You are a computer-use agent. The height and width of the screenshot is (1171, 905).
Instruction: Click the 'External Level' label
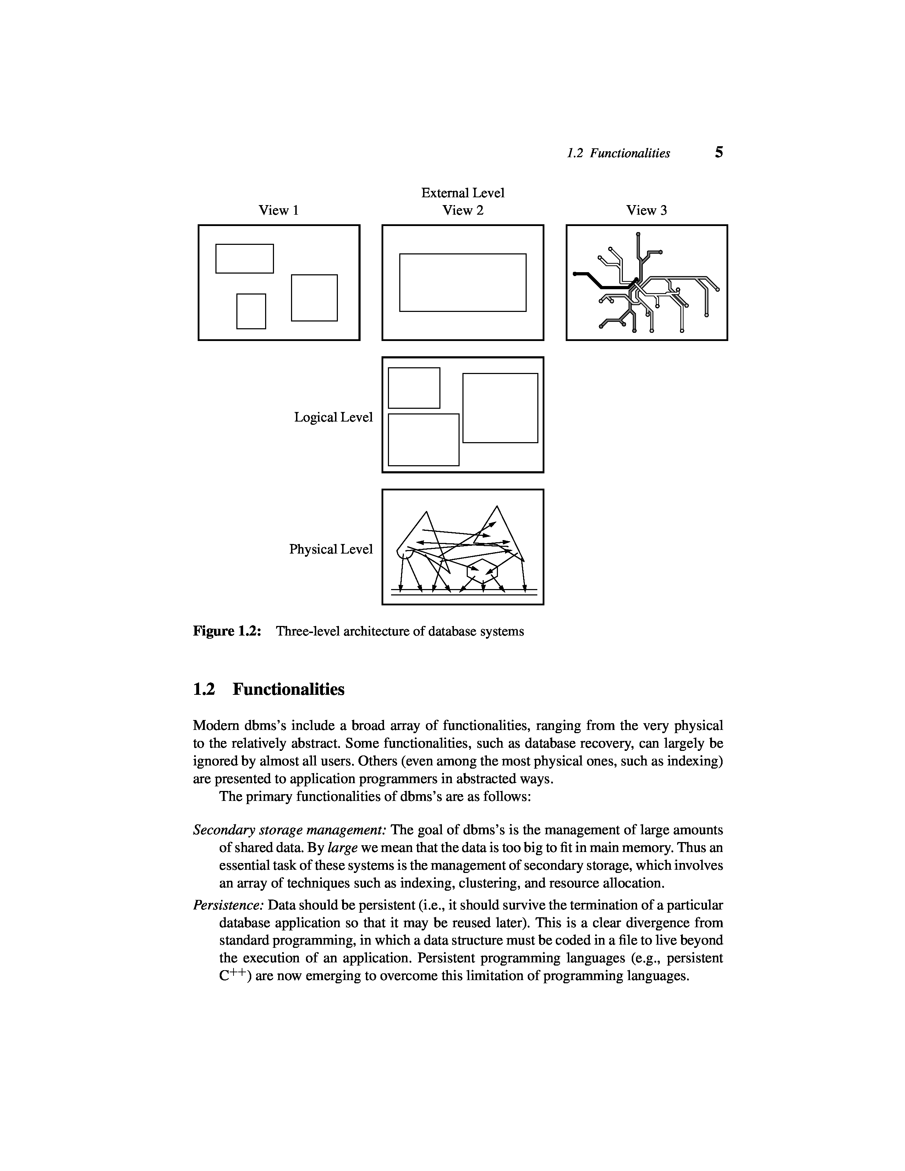[463, 192]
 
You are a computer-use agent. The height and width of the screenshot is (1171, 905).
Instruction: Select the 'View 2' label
[463, 210]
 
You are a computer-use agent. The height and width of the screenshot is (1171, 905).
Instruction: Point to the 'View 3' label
[647, 210]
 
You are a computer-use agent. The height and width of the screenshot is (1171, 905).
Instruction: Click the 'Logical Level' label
[333, 417]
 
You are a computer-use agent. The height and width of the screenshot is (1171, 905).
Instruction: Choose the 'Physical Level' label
[331, 549]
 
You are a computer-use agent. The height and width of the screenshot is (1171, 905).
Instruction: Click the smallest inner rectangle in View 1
[251, 311]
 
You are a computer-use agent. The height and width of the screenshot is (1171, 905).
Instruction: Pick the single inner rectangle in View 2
[463, 282]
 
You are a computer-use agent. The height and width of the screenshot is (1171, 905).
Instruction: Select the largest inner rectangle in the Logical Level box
[500, 407]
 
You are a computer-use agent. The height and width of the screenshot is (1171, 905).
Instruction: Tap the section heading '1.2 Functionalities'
[268, 689]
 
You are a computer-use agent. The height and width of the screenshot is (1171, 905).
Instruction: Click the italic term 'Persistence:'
[229, 906]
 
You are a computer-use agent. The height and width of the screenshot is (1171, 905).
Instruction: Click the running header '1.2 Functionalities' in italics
[618, 153]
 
